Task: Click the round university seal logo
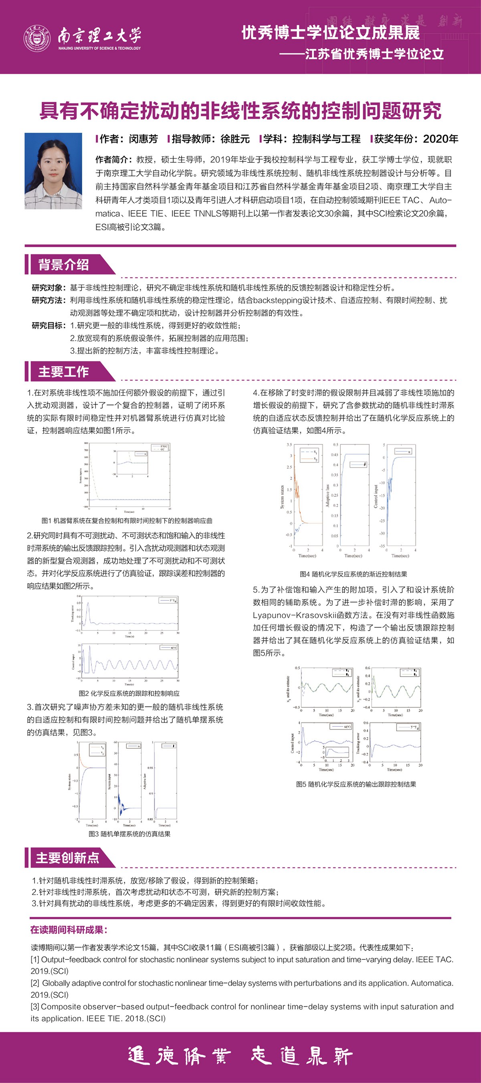point(36,37)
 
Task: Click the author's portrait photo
point(53,171)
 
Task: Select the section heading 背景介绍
point(63,264)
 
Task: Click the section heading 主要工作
point(63,372)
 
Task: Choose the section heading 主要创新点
point(67,858)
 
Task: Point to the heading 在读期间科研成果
point(69,930)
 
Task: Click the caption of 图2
point(129,693)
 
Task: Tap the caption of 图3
point(129,834)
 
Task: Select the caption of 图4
point(353,574)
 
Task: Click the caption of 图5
point(356,784)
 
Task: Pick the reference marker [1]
point(35,960)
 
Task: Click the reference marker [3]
point(35,1007)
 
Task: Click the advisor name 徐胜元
point(235,139)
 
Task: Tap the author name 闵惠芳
point(143,139)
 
